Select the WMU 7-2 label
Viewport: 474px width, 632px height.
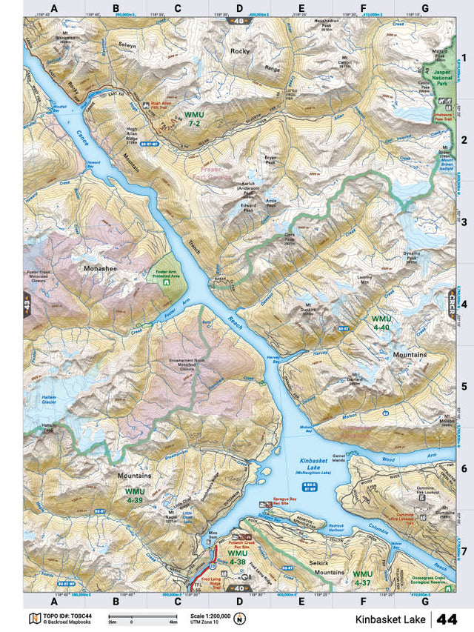click(x=194, y=119)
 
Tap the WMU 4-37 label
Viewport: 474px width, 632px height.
click(x=362, y=578)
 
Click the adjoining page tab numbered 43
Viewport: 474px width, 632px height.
click(x=27, y=305)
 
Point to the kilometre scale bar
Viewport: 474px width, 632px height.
click(x=133, y=617)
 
